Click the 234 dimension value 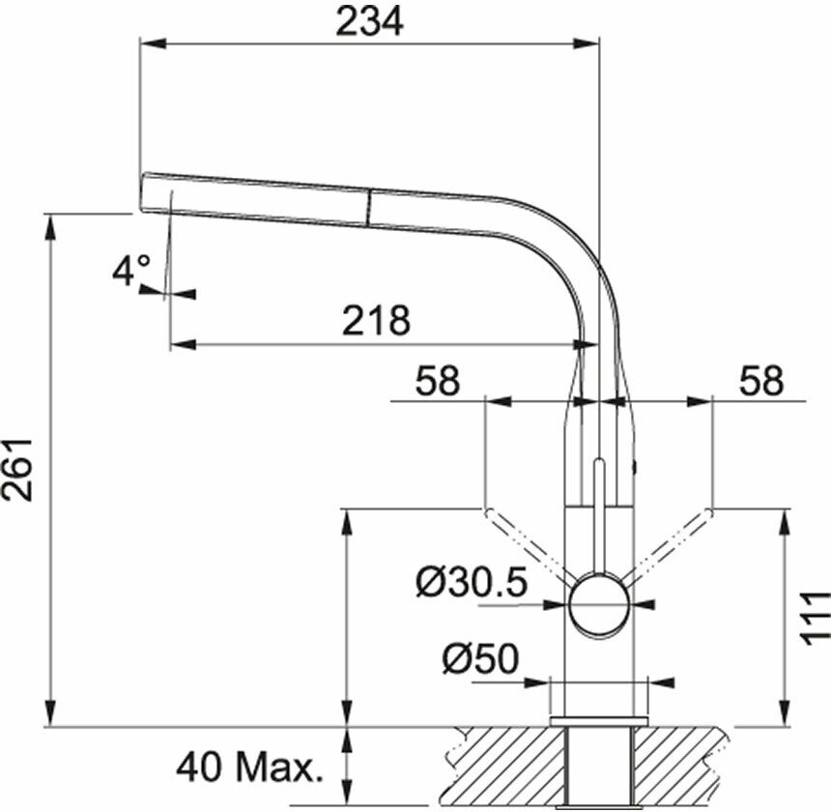click(x=369, y=21)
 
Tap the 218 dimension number click(x=377, y=320)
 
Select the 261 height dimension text click(x=21, y=469)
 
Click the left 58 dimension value click(x=437, y=381)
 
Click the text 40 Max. click(x=248, y=768)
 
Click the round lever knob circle click(x=599, y=605)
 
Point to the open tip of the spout click(x=144, y=192)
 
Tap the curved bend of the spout click(x=570, y=251)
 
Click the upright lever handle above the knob click(x=599, y=512)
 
